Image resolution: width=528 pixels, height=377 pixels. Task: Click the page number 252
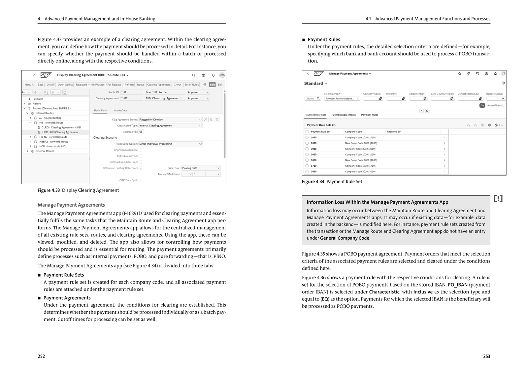coord(41,356)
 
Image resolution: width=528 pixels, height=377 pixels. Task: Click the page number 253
coord(486,356)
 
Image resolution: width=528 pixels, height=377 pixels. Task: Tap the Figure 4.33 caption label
coord(49,190)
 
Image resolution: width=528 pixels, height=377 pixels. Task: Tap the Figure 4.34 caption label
coord(313,182)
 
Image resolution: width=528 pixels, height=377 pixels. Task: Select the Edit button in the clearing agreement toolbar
coord(212,85)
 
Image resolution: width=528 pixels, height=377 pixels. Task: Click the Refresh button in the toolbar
coord(129,85)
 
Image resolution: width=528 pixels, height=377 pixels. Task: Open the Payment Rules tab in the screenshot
coord(370,115)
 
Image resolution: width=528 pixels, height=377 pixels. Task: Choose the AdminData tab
coord(120,110)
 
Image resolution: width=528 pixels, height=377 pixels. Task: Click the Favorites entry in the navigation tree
coord(38,99)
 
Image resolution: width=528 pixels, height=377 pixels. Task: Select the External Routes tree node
coord(45,151)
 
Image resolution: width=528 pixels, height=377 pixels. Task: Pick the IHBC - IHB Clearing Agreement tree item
coord(60,132)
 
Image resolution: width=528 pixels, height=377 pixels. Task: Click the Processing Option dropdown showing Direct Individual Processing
coord(170,144)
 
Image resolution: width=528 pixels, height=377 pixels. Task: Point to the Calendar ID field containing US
coord(141,132)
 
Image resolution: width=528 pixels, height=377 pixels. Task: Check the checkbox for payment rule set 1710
coord(307,166)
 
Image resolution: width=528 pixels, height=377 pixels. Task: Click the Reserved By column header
coord(394,132)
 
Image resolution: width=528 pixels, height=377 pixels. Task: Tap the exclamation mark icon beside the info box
coord(498,198)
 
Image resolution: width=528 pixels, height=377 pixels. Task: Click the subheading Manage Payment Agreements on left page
coord(71,205)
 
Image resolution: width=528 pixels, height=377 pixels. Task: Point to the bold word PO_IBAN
coord(457,285)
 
